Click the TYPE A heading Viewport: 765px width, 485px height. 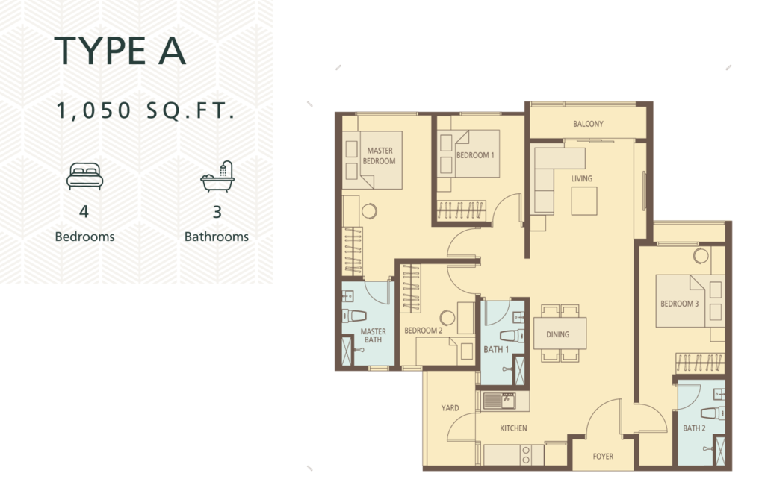tap(120, 51)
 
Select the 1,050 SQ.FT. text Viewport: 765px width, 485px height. tap(146, 110)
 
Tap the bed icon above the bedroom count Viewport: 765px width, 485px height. tap(85, 176)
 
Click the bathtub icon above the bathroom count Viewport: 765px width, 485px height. tap(217, 176)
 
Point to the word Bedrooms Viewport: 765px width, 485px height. tap(84, 237)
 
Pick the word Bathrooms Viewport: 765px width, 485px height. tap(216, 237)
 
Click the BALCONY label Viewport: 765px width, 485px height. tap(588, 124)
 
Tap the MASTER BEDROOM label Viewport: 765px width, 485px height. tap(379, 156)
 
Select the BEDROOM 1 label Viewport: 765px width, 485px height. tap(475, 155)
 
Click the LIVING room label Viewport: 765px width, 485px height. tap(581, 178)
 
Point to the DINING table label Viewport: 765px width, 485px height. tap(557, 334)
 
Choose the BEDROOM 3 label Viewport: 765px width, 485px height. tap(679, 304)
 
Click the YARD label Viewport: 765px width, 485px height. tap(450, 408)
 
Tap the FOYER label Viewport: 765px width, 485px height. tap(603, 456)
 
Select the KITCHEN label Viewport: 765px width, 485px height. tap(513, 428)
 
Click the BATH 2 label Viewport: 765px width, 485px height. tap(694, 428)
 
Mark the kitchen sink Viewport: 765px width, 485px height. tap(499, 401)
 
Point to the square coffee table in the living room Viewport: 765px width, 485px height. tap(584, 201)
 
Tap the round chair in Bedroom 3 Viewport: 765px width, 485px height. tap(701, 255)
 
